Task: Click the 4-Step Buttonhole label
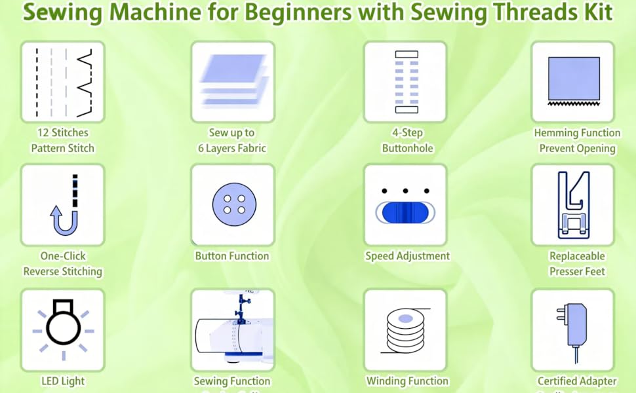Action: point(407,140)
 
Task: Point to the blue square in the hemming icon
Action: point(574,77)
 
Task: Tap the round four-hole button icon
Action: point(232,205)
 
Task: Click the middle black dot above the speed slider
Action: point(405,191)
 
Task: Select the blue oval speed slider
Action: point(405,214)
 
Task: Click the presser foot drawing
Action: point(572,204)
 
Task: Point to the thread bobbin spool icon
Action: point(405,331)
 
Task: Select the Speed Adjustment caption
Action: point(407,256)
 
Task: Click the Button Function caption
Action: point(232,256)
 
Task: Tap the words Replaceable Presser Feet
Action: point(577,263)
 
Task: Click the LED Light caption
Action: point(62,381)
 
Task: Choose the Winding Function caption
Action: point(407,381)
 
